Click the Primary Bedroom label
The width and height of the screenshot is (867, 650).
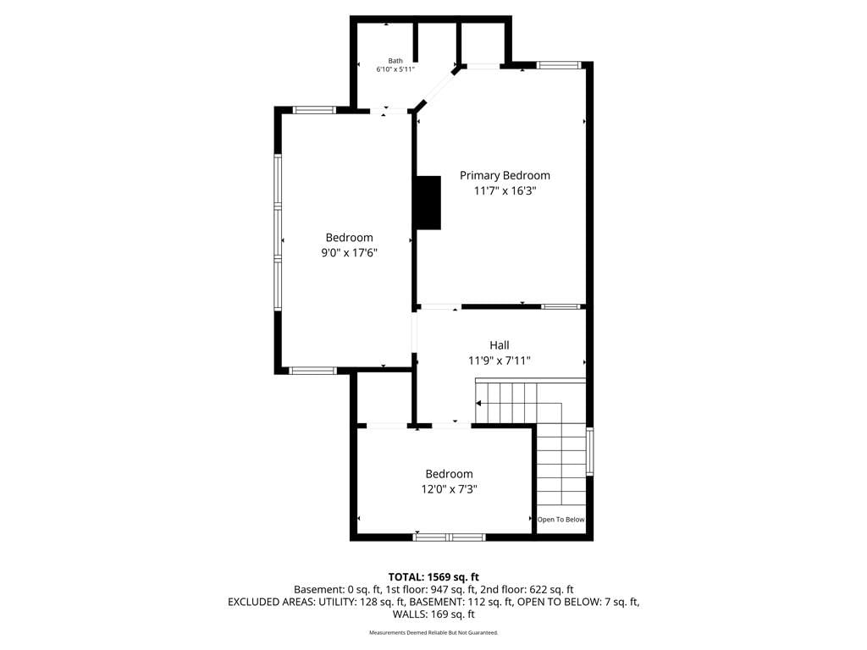[x=505, y=175]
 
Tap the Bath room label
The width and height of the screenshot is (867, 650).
[x=395, y=61]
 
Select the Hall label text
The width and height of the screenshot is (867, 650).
[x=500, y=345]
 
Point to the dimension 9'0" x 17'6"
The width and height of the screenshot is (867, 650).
[x=350, y=252]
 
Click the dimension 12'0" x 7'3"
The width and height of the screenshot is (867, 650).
[x=449, y=489]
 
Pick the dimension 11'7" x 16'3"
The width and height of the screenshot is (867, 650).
[x=505, y=190]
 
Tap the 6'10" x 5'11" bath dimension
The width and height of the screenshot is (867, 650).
[x=395, y=69]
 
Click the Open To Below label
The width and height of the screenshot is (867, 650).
[x=561, y=520]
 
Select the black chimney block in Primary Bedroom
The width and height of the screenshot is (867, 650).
[x=428, y=203]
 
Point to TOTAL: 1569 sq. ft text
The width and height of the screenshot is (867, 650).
[x=433, y=577]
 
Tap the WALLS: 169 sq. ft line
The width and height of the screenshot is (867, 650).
[x=433, y=614]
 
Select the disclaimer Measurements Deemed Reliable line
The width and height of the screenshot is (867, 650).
[x=433, y=632]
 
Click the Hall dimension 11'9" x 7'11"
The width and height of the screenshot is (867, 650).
[x=500, y=361]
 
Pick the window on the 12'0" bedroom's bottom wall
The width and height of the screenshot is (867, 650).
[x=449, y=537]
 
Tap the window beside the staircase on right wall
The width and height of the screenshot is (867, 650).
[x=589, y=451]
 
